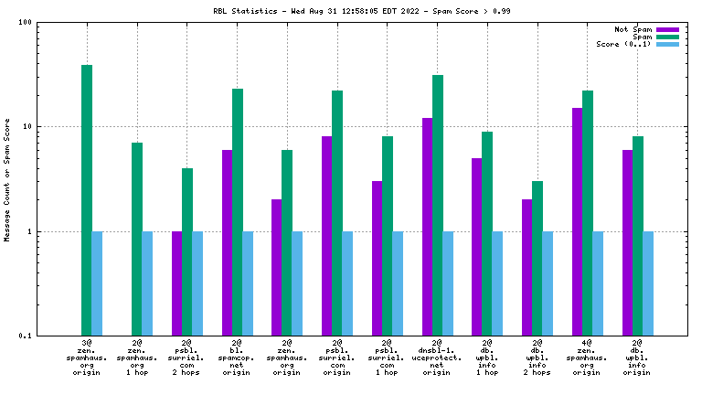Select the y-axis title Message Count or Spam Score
pos(7,179)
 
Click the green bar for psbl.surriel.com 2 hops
pos(186,251)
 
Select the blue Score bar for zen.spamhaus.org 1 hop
pos(147,283)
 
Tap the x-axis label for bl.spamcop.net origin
pos(237,359)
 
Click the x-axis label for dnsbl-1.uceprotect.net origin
pos(438,359)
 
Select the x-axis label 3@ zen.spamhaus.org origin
pos(87,359)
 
